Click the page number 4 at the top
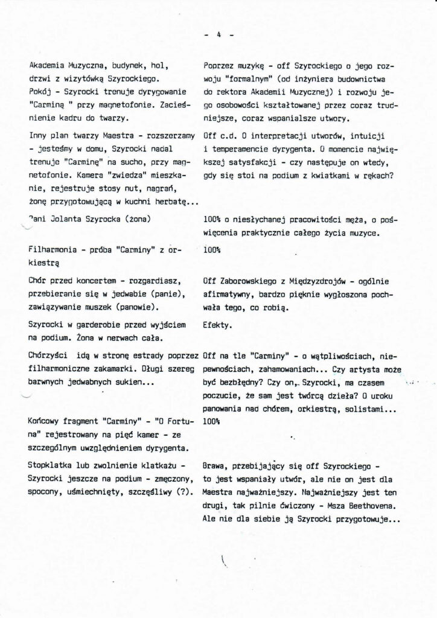click(219, 35)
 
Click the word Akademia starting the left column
click(46, 65)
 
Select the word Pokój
click(40, 91)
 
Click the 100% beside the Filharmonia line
click(212, 249)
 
